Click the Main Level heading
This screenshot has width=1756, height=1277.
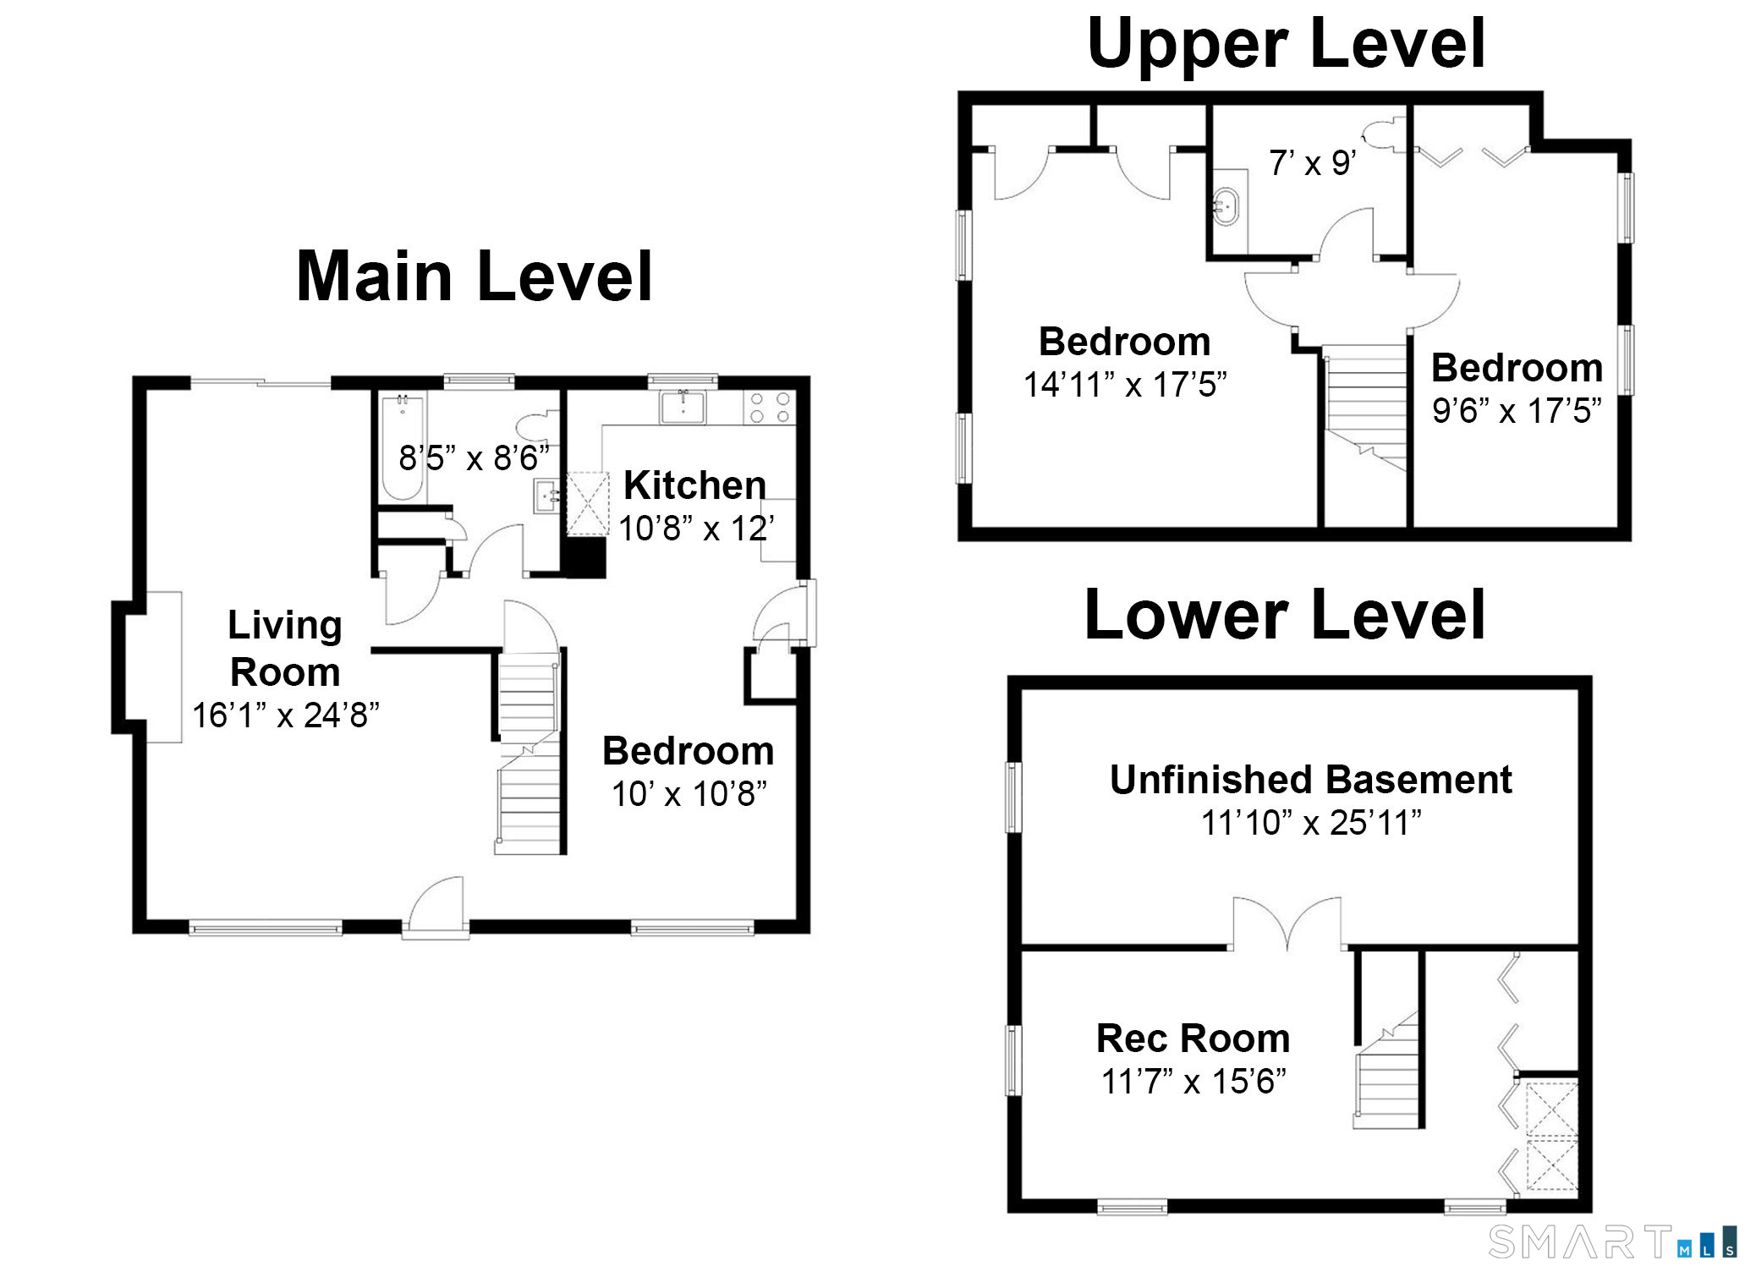pos(475,276)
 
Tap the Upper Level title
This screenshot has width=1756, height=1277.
pos(1287,44)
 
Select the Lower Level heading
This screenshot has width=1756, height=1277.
pos(1285,614)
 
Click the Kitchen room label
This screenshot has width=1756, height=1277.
pos(694,485)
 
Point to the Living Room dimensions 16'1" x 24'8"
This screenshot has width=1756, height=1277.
pos(285,715)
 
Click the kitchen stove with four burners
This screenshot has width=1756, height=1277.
pos(770,408)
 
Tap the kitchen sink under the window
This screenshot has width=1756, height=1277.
pos(684,407)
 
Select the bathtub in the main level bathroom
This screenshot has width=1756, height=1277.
pos(403,446)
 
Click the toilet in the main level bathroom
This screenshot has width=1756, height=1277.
pos(538,425)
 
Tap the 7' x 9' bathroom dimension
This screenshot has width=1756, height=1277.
pos(1313,162)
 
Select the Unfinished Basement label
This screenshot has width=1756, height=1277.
pos(1310,779)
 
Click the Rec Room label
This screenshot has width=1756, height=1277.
pos(1193,1038)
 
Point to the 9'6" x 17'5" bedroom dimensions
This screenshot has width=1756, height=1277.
pos(1517,411)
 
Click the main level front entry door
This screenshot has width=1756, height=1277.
pos(436,907)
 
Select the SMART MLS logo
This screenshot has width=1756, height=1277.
pos(1612,1241)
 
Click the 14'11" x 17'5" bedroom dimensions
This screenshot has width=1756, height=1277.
pos(1124,385)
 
